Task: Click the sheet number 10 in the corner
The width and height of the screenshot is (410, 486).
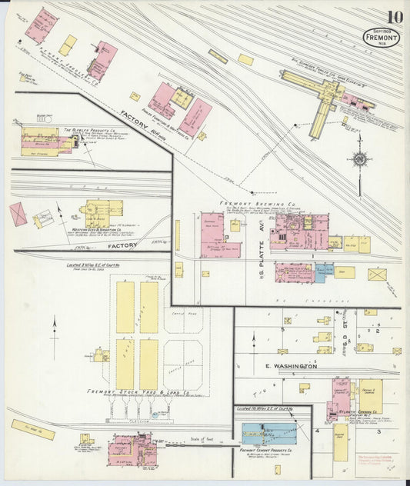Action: click(x=395, y=17)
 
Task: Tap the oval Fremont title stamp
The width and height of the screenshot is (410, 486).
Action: click(x=382, y=38)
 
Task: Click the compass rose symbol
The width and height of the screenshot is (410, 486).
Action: click(x=359, y=160)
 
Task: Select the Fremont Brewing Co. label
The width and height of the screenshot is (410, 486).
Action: click(x=260, y=205)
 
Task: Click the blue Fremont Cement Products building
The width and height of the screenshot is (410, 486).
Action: click(x=269, y=433)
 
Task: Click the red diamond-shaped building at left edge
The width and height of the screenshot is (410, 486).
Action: click(x=17, y=214)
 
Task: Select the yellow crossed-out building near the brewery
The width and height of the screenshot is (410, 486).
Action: click(x=376, y=274)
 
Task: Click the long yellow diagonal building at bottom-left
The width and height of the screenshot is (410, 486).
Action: click(x=32, y=430)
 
